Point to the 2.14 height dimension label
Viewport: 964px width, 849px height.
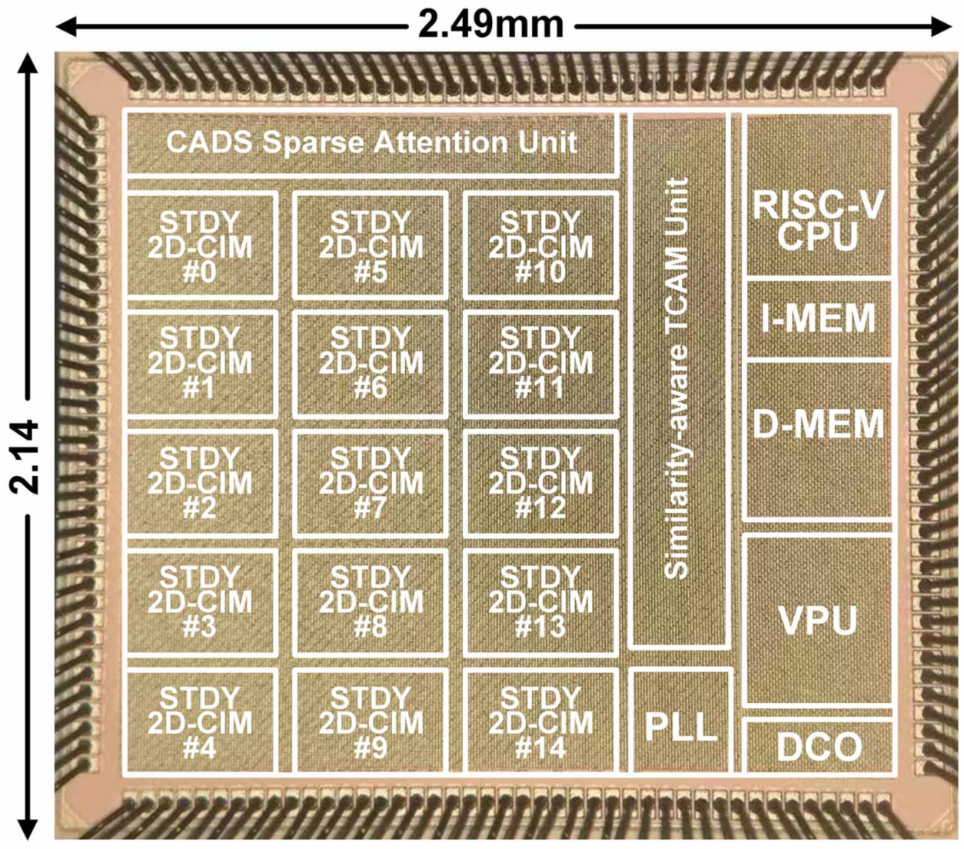coord(24,456)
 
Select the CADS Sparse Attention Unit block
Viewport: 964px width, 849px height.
coord(371,142)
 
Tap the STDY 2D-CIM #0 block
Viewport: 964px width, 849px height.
coord(201,245)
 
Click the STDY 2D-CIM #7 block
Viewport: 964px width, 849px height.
coord(371,483)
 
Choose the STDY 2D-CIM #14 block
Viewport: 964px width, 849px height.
coord(540,722)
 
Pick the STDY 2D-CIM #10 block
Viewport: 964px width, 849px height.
coord(540,245)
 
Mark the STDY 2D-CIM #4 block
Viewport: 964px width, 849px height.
coord(201,722)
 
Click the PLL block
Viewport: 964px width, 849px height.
coord(680,722)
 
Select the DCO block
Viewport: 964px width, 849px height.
coord(817,746)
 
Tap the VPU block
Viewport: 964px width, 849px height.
coord(817,620)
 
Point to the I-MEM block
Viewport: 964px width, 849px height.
coord(817,318)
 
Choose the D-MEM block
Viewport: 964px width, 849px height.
coord(817,440)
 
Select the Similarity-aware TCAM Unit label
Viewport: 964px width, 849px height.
coord(676,378)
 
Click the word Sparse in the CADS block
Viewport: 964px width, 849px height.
coord(313,142)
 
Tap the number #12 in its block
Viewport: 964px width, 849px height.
coord(540,508)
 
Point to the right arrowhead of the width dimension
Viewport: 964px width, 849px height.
coord(942,25)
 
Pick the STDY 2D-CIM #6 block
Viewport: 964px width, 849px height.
coord(371,364)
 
